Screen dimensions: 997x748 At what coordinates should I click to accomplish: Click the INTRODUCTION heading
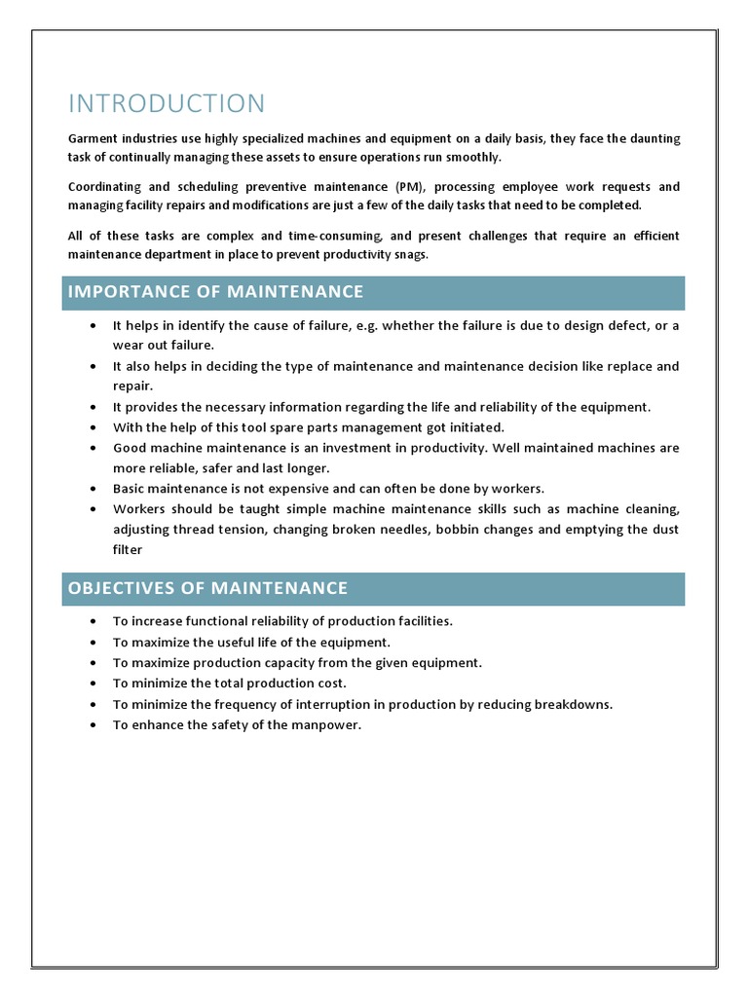click(166, 104)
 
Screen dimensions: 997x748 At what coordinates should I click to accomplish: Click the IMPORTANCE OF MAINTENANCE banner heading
click(215, 291)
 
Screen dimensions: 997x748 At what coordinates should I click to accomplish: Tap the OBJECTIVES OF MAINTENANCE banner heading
click(207, 587)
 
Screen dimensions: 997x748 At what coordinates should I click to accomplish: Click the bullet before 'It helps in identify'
click(92, 325)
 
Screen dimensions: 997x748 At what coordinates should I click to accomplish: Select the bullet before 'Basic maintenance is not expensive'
click(92, 488)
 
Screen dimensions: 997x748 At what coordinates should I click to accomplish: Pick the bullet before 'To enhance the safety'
click(92, 724)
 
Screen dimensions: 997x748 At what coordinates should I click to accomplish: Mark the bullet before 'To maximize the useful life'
click(92, 642)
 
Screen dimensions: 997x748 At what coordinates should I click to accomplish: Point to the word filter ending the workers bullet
click(128, 549)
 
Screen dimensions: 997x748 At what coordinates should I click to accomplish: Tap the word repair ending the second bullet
click(131, 386)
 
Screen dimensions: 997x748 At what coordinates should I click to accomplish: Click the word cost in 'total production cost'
click(329, 683)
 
